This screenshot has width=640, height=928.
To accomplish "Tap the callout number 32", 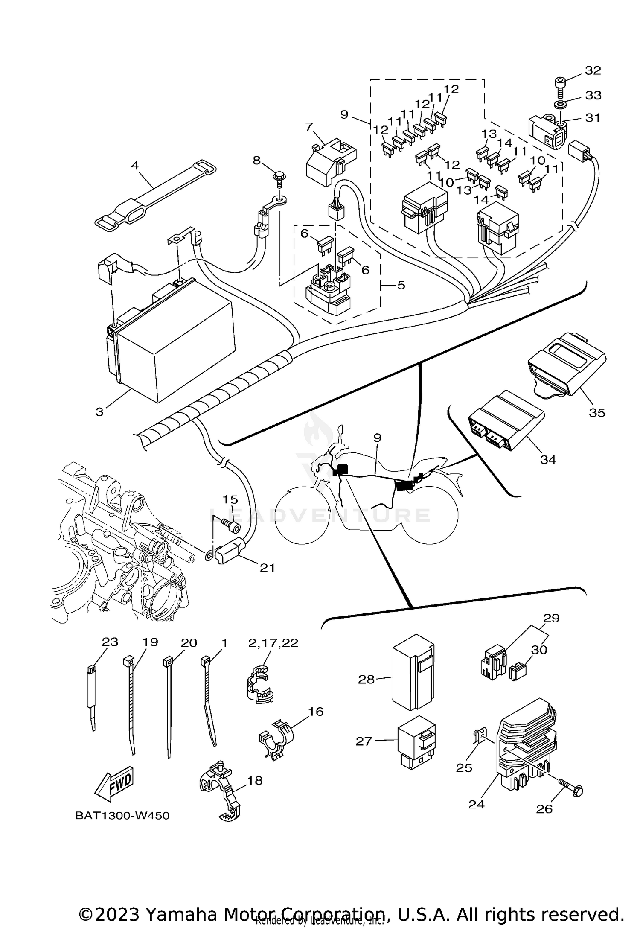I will pos(593,70).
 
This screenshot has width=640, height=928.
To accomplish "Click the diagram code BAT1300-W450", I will pos(122,816).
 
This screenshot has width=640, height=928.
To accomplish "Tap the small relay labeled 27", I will pos(416,743).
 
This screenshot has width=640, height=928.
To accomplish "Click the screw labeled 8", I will pos(279,178).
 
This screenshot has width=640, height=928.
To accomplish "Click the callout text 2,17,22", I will pos(273,643).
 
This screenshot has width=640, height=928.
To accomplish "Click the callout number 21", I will pos(268,568).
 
